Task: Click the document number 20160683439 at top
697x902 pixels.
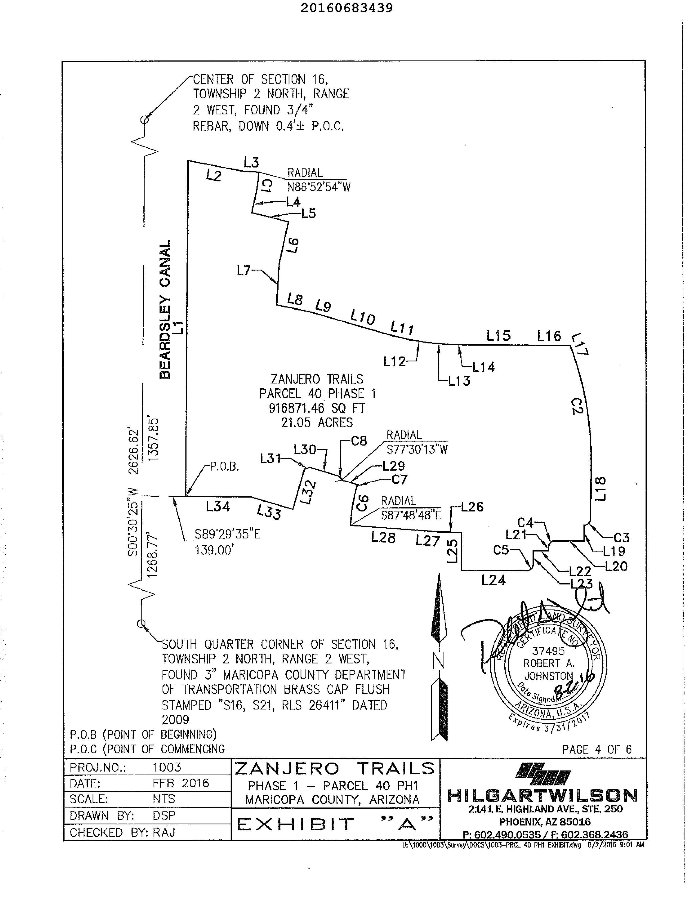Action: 346,8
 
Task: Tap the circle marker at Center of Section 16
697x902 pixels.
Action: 144,120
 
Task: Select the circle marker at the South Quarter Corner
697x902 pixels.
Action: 141,624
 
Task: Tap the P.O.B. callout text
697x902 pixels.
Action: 224,467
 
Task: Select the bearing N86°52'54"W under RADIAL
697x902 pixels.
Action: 319,187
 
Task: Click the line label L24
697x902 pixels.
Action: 493,580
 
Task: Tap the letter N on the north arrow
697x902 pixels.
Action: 439,662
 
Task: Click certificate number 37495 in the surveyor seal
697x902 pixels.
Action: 548,651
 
